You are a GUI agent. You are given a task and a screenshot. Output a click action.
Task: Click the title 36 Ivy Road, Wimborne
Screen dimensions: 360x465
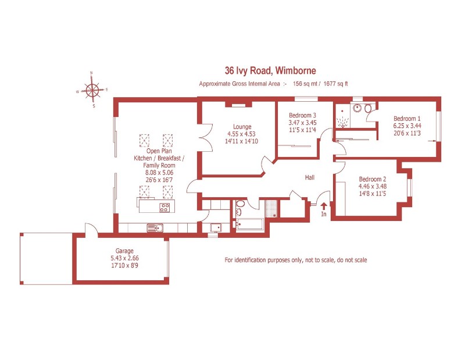point(270,71)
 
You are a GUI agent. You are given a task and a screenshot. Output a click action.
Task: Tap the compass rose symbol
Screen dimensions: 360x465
point(92,90)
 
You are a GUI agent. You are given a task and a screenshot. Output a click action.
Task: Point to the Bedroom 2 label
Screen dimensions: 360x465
point(373,179)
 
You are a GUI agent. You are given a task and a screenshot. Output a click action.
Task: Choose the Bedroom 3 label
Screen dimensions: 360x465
point(302,115)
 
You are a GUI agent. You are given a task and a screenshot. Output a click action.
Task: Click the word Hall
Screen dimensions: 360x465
point(310,177)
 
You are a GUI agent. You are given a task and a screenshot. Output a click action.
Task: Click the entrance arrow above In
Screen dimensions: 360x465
point(324,206)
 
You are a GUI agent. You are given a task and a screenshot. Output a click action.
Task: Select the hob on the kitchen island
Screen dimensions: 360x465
point(164,206)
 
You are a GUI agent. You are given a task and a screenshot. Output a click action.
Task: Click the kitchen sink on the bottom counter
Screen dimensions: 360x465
point(155,227)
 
